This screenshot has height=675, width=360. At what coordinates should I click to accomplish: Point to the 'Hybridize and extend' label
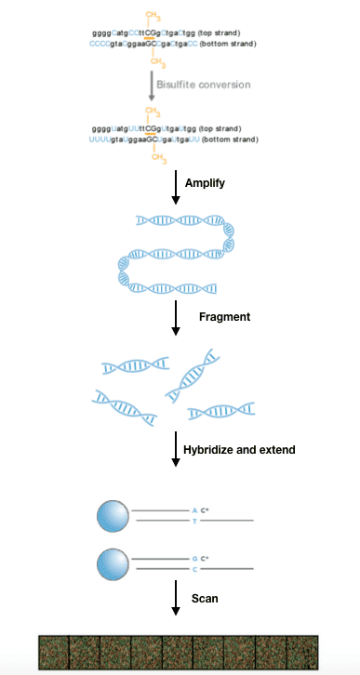point(247,450)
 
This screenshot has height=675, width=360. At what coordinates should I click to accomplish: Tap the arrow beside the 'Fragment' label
point(175,319)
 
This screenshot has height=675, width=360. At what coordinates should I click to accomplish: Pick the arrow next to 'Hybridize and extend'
point(175,451)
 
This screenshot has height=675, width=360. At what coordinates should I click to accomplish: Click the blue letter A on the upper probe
point(193,510)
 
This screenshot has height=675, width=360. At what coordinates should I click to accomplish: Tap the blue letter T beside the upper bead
point(193,522)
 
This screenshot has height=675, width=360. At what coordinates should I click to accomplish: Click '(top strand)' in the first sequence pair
point(223,34)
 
